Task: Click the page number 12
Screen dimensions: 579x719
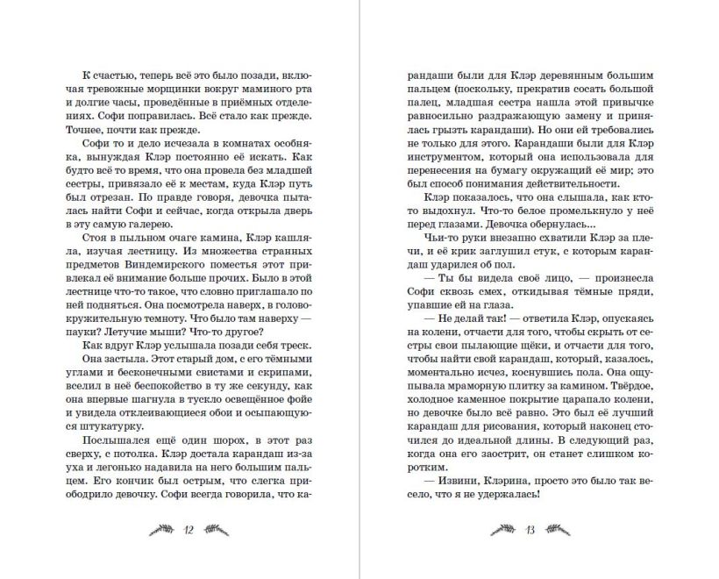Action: pyautogui.click(x=189, y=529)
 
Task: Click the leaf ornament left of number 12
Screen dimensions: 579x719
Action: pyautogui.click(x=160, y=529)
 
